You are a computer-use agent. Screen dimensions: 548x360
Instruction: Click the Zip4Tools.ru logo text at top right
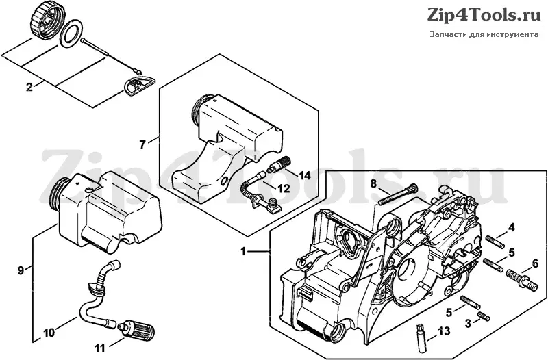(x=484, y=15)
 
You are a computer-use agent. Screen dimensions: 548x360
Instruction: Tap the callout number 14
(x=305, y=175)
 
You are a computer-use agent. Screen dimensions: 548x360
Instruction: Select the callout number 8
(x=373, y=183)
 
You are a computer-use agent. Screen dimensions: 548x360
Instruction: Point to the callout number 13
(x=444, y=331)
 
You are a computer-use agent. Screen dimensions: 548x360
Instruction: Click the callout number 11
(x=99, y=348)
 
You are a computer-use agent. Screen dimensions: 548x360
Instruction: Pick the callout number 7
(x=142, y=144)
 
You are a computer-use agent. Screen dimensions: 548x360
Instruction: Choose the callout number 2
(x=29, y=87)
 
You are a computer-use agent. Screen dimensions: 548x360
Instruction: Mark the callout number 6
(x=535, y=264)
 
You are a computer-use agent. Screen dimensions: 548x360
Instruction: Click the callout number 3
(x=469, y=323)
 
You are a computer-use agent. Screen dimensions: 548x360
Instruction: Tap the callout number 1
(x=244, y=251)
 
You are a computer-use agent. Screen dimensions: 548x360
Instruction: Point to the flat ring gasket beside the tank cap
(x=72, y=34)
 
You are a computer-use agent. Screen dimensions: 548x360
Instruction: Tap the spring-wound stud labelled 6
(x=521, y=280)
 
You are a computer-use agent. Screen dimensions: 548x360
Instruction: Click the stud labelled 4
(x=495, y=242)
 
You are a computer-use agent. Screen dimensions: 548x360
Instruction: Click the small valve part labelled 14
(x=279, y=164)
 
